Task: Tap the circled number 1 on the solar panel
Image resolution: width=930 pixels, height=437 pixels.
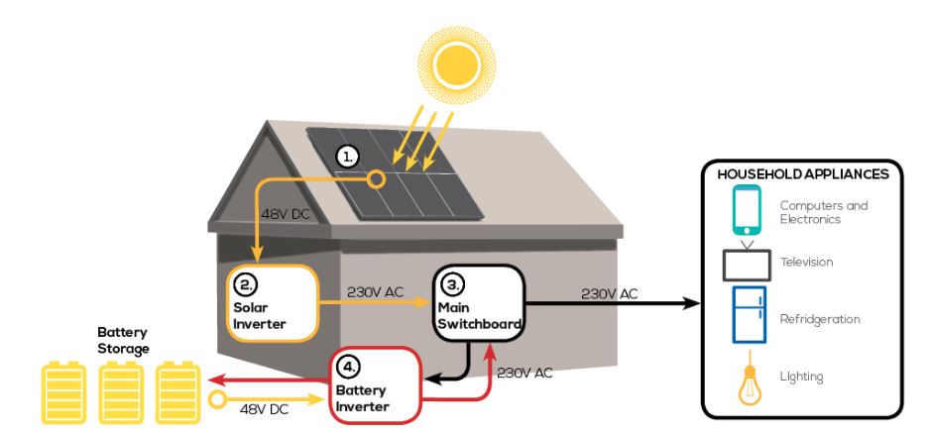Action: tap(346, 157)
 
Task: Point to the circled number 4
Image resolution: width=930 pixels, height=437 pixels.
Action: tap(347, 370)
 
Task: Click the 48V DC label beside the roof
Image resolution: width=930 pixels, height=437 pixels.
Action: tap(288, 214)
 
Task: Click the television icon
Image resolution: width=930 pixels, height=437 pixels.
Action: tap(746, 262)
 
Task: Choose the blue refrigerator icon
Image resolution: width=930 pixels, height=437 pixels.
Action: tap(746, 315)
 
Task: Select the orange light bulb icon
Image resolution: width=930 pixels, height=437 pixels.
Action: tap(747, 382)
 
